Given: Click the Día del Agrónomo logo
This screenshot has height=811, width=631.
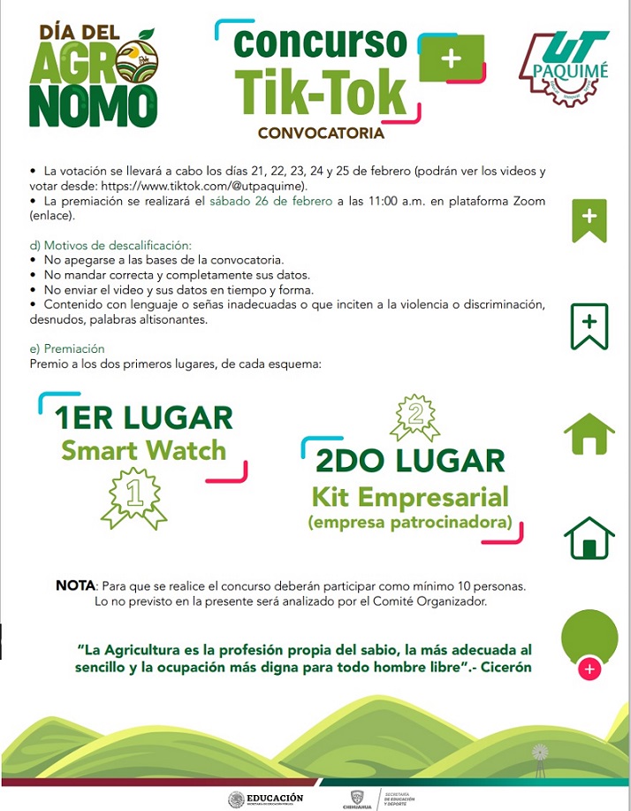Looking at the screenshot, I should coord(93,75).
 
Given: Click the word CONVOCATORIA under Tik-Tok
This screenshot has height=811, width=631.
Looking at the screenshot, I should coord(321,134).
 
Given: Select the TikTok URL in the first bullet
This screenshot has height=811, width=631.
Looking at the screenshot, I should coord(203,186).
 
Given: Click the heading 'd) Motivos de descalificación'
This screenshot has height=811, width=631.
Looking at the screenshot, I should coord(110,245).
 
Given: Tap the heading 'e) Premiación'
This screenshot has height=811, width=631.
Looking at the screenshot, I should coord(67,348).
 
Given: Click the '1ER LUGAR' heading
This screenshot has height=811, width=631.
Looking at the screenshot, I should coord(143,417).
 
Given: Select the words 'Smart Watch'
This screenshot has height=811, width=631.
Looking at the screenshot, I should coord(143,450).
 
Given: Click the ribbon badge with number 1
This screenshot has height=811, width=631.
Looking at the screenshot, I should coord(133,496).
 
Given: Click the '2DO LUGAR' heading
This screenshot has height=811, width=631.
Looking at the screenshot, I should coord(410,460).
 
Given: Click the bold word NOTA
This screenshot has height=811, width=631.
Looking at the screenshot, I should coord(75,585).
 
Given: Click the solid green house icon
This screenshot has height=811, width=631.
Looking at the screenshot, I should coord(589,433).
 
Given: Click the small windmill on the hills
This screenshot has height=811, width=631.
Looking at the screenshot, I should coord(538,759).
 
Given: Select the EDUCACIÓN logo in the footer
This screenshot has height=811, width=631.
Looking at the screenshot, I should coord(265,799).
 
